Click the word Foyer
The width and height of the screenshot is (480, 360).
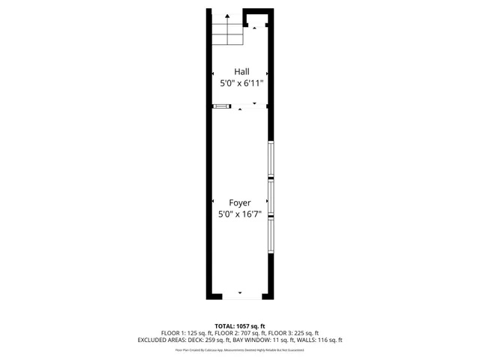point(240,202)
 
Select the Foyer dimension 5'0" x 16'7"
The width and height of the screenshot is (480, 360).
point(240,214)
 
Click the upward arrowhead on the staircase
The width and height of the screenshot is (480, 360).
point(227,15)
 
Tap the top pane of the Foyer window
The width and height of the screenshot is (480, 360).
point(271,160)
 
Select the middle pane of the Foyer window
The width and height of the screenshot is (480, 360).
point(271,198)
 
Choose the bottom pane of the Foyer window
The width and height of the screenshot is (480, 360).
point(271,235)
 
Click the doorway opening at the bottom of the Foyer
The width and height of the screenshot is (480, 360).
point(240,294)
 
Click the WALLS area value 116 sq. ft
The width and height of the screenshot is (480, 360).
point(328,340)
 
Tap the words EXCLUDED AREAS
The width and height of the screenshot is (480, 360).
point(160,340)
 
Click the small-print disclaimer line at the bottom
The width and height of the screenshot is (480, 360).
point(240,349)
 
